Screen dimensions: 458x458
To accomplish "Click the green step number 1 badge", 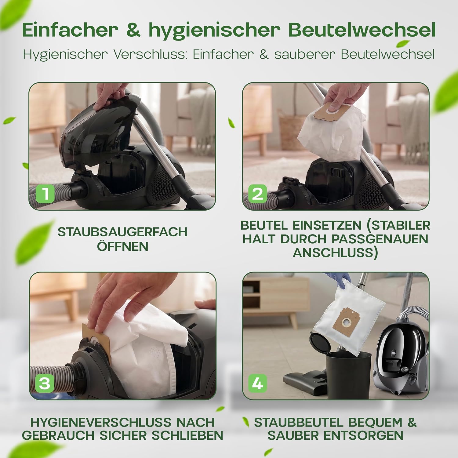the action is click(x=45, y=193).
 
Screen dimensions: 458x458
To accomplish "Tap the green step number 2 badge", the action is click(x=257, y=194).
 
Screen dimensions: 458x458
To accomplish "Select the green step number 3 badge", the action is click(x=45, y=383).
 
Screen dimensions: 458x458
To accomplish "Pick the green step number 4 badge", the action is click(x=257, y=383).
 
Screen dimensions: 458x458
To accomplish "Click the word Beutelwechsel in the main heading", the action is click(x=362, y=30).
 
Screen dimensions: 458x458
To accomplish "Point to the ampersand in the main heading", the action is click(x=133, y=30).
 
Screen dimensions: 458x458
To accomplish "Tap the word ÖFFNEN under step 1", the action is click(x=122, y=246).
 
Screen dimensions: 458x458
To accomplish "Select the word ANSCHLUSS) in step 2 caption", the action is click(x=335, y=253).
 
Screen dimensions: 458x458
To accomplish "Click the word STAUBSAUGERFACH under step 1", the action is click(x=122, y=232).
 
